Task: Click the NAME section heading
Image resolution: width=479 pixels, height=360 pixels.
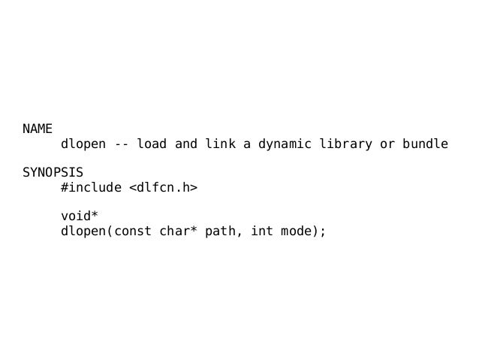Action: [x=38, y=129]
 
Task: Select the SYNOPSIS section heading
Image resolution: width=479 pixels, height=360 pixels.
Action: [x=53, y=172]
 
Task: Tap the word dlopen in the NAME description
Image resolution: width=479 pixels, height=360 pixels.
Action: [x=83, y=144]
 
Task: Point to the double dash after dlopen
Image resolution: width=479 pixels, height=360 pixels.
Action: [x=122, y=144]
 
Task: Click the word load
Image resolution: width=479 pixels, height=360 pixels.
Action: [x=152, y=144]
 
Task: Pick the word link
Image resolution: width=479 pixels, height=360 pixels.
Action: [x=220, y=144]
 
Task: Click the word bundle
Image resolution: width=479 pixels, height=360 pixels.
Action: [x=425, y=144]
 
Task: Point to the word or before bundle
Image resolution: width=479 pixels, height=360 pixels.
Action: [x=387, y=144]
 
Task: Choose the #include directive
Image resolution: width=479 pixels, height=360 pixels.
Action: [x=91, y=187]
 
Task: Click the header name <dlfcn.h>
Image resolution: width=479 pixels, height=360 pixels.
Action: [x=163, y=187]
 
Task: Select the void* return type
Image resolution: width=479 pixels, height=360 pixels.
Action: [x=80, y=216]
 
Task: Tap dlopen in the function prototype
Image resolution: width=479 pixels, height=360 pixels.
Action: [x=83, y=231]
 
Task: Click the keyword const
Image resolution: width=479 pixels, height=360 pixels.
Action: [x=133, y=231]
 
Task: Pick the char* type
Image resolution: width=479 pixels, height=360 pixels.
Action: [x=179, y=231]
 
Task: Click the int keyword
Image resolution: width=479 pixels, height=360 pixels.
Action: [x=261, y=231]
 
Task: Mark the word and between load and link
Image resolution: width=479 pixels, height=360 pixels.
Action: [x=186, y=144]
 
